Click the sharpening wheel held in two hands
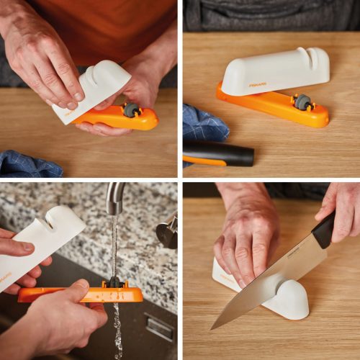click(131, 110)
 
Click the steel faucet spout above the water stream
click(114, 196)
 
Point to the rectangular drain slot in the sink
click(158, 328)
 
